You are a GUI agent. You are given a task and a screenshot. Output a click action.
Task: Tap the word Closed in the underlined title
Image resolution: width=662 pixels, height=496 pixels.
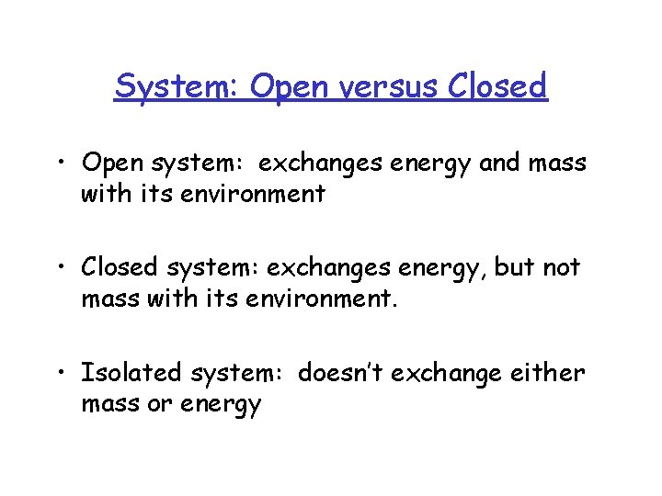pos(497,86)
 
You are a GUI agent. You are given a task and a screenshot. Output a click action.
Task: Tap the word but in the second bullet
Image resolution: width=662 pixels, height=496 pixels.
pos(513,267)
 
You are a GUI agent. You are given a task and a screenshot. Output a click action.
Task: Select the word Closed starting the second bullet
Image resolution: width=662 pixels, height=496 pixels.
pos(120,267)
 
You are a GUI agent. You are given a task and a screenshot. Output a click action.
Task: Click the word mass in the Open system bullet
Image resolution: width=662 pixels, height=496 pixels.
pos(557,163)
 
